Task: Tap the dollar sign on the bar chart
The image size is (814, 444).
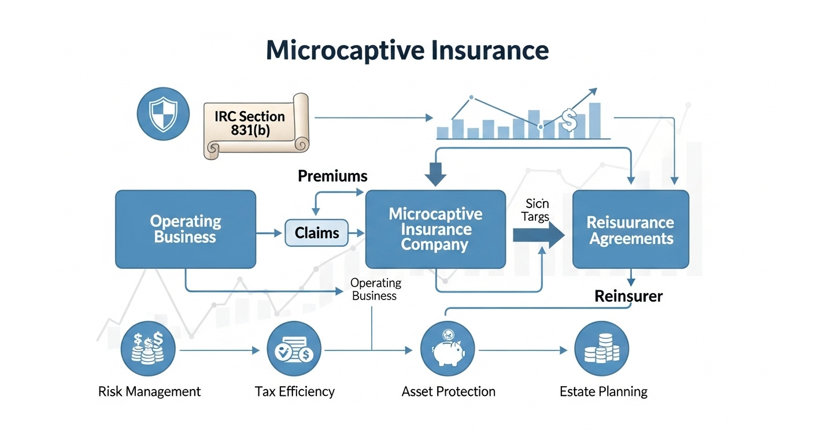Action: pos(569,120)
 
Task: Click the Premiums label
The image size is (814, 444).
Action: pos(332,176)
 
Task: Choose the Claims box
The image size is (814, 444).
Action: pos(317,233)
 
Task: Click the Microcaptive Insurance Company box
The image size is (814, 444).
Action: pos(435,230)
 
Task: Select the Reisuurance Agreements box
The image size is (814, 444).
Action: pos(630,230)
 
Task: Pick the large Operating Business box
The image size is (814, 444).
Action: pos(186,229)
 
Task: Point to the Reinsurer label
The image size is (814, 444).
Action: pos(628,297)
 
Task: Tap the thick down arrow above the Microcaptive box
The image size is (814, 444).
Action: pos(435,172)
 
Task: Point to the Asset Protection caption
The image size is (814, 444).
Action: pos(448,391)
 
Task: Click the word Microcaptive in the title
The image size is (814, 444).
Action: pos(345,50)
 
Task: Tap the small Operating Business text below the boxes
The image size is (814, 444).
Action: pos(375,289)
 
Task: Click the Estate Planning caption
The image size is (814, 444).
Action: pos(604,391)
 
